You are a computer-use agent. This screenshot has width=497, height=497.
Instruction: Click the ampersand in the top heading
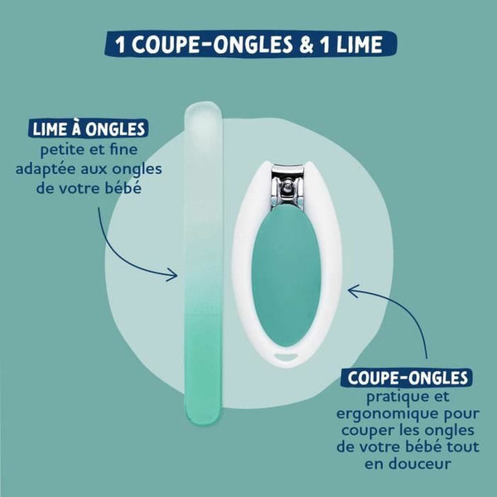(306, 44)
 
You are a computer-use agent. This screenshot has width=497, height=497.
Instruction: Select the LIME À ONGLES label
(89, 128)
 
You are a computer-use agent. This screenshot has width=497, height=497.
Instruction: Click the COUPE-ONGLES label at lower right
(408, 377)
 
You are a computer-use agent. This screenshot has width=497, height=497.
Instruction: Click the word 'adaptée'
(44, 169)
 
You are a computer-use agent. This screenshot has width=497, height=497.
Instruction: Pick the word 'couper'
(367, 432)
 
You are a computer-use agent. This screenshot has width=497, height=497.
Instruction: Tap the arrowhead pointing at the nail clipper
(354, 291)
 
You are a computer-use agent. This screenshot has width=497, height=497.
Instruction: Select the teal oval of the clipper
(286, 275)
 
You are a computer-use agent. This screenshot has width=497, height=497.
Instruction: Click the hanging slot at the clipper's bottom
(287, 357)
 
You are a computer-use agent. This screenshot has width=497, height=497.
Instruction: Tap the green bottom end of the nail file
(203, 409)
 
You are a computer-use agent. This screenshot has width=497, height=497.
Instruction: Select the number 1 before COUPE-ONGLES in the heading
(120, 45)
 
